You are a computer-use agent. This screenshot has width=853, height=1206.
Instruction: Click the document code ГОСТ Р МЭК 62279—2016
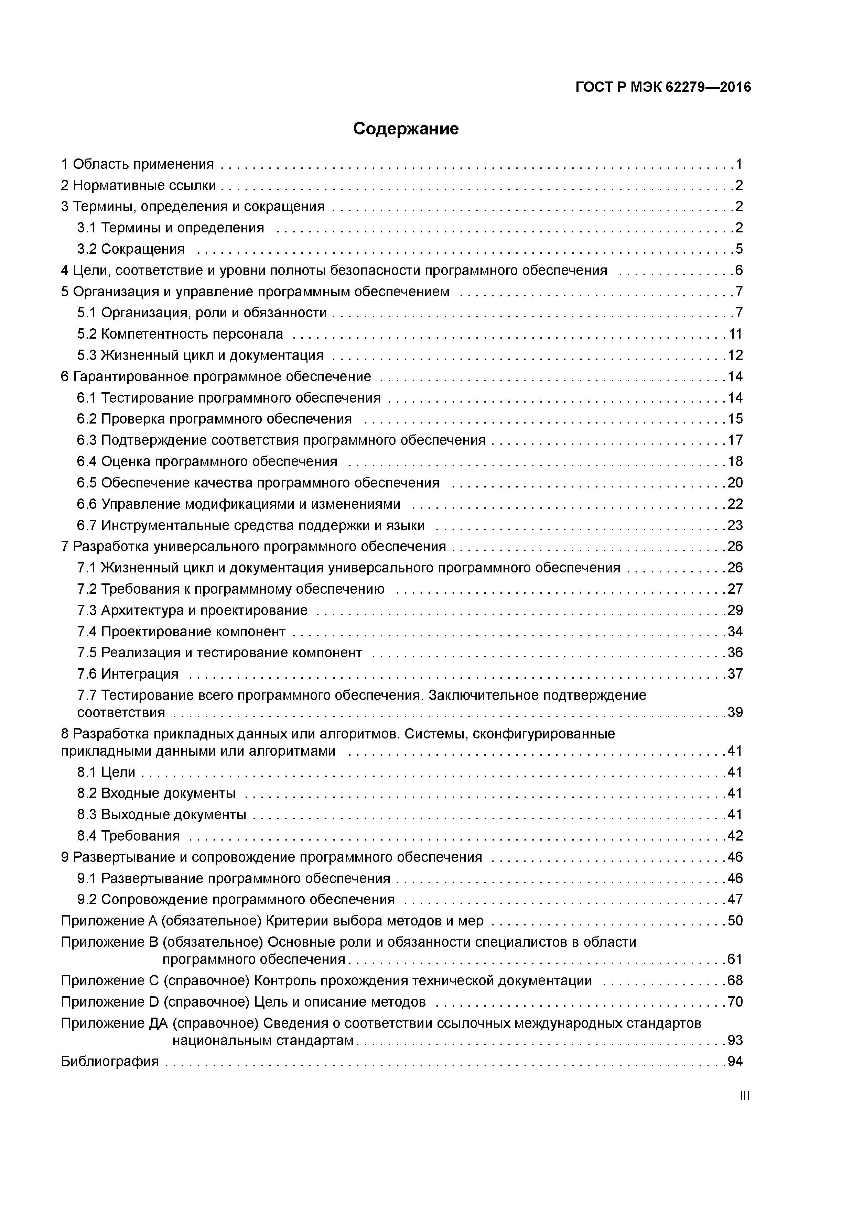tap(663, 87)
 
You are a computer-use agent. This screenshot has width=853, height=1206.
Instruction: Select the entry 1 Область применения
tap(137, 164)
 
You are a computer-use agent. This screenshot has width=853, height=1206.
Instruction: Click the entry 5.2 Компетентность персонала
tap(180, 334)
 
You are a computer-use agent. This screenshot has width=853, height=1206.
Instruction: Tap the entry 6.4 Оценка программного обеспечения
tap(207, 462)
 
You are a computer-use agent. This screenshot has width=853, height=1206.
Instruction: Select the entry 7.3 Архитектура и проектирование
tap(192, 610)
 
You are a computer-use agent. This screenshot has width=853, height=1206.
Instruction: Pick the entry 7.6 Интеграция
tap(128, 674)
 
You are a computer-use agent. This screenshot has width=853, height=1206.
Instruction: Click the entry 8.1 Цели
tap(106, 772)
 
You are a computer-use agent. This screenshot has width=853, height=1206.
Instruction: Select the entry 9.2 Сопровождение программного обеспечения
tap(236, 900)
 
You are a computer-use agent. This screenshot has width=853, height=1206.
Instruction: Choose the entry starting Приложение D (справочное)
tap(243, 1002)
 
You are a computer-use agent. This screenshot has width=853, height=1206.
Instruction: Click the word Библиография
tap(110, 1062)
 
